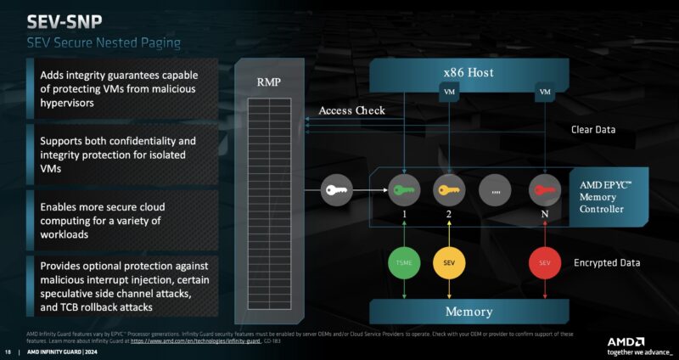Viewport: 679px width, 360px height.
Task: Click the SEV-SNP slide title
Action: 66,20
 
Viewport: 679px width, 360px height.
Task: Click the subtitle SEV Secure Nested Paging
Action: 104,42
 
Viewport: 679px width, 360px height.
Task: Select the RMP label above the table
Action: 269,82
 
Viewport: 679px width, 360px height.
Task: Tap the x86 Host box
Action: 469,73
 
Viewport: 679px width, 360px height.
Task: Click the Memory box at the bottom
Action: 469,312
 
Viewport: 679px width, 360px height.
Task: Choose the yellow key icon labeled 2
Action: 448,188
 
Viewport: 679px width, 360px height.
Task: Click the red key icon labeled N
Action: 544,188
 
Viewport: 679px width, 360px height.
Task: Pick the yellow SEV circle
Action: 448,263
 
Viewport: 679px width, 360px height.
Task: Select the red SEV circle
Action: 544,263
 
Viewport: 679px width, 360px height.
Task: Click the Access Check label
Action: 351,110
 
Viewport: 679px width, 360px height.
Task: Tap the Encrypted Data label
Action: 606,263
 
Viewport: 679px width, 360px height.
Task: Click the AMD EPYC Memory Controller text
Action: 607,197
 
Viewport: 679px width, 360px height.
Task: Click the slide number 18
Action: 8,352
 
